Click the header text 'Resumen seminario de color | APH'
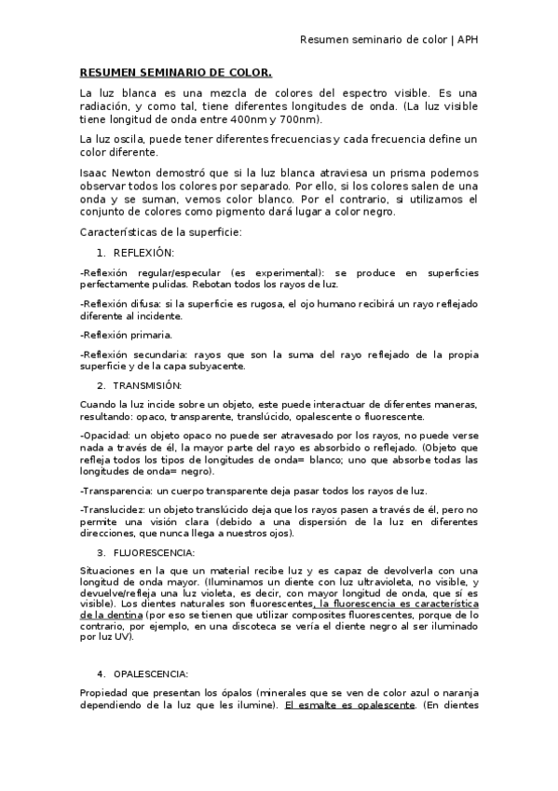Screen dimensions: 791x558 pos(388,40)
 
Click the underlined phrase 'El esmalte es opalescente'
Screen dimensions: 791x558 pos(349,705)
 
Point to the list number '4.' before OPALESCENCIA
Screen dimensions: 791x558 pos(101,673)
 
